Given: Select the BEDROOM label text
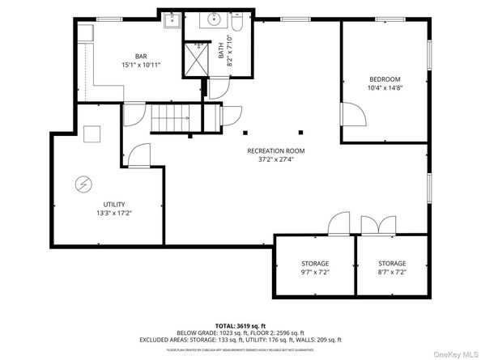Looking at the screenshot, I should click(x=385, y=79).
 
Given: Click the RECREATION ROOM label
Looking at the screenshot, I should click(x=276, y=150).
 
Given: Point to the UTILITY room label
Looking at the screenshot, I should click(x=114, y=204).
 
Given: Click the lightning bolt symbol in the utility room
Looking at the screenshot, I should click(x=83, y=184).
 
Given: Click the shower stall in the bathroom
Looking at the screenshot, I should click(x=196, y=59).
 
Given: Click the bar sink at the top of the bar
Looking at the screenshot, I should click(x=171, y=21).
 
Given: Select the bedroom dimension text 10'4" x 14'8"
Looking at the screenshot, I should click(x=385, y=88).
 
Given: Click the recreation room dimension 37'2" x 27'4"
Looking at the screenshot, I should click(x=276, y=159).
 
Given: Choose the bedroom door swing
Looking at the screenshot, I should click(x=353, y=113).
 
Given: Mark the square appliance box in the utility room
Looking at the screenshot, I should click(x=92, y=134).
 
